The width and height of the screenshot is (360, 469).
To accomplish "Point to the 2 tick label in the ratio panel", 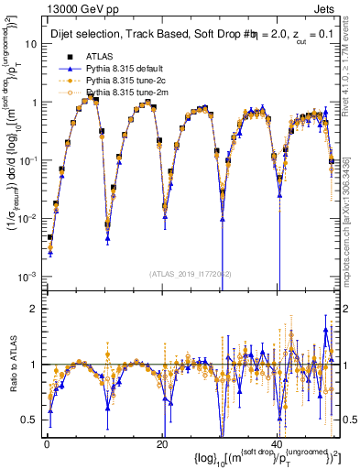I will (33, 309).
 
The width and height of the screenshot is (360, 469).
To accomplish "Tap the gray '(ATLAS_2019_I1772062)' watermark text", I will (191, 273).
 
